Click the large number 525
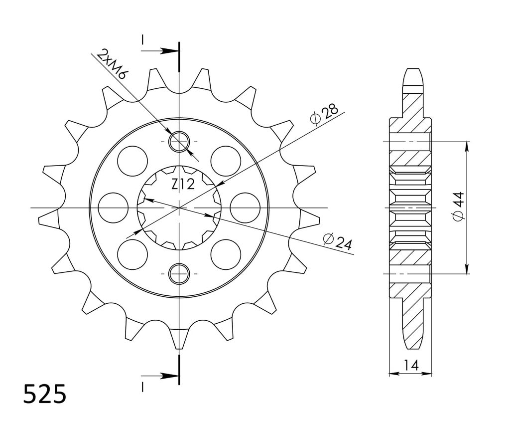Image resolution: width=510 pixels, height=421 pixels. coord(45,394)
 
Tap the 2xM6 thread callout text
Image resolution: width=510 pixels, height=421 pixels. coord(112,64)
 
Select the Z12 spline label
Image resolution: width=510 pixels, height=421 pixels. coord(183,185)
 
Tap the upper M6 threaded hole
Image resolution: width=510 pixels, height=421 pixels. coord(179,142)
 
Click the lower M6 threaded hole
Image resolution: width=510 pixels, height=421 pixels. coord(179,274)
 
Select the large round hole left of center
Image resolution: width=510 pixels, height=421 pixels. coord(113,208)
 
